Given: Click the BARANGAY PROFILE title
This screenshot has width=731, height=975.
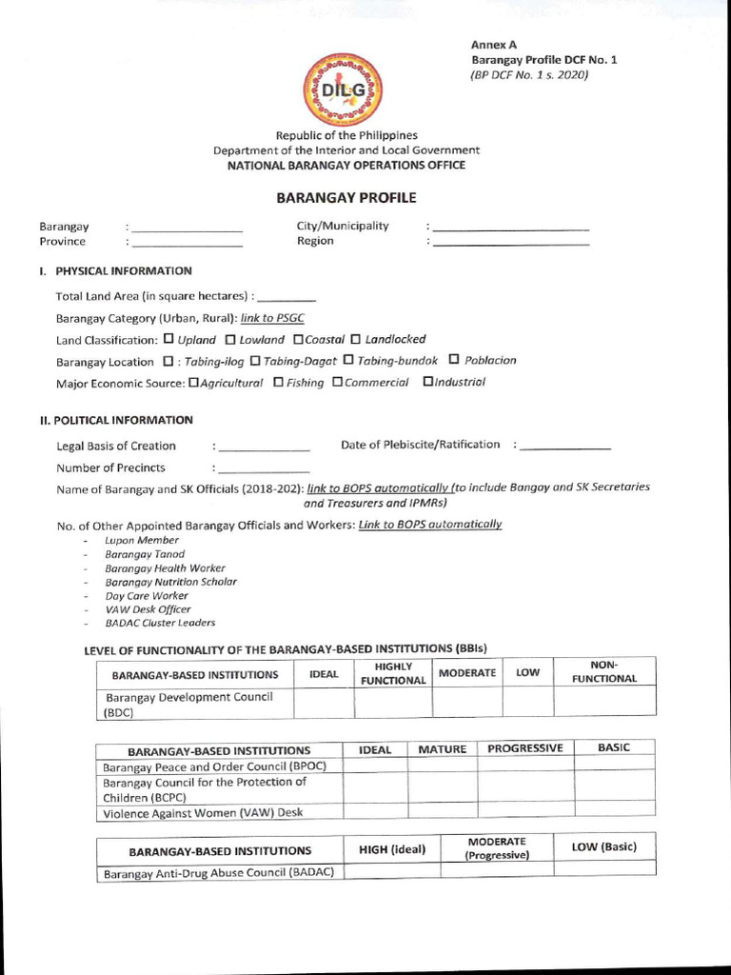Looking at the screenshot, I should click(346, 198).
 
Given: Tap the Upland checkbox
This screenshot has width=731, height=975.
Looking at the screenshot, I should click(168, 339).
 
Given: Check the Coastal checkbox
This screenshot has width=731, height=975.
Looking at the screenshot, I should click(298, 339).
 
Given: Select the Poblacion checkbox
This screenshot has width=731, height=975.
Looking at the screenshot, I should click(454, 360).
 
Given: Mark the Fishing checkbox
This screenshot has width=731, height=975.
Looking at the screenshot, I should click(278, 382).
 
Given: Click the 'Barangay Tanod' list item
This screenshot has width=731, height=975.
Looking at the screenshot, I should click(145, 554).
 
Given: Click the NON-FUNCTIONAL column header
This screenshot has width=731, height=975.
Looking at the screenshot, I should click(604, 671).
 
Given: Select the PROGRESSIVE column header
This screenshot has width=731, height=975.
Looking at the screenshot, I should click(524, 748).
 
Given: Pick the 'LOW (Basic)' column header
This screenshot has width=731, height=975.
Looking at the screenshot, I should click(603, 847).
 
